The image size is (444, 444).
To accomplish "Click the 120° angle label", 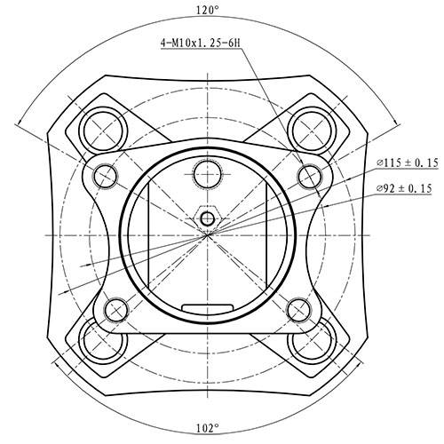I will point(207,10).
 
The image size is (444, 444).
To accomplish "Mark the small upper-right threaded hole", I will point(308,174).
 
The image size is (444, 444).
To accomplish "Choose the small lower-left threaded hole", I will point(116,309).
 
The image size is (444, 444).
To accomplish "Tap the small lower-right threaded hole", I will point(297,309).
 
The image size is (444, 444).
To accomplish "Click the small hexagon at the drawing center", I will point(207,218).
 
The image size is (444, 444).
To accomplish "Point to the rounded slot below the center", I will point(207,307).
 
